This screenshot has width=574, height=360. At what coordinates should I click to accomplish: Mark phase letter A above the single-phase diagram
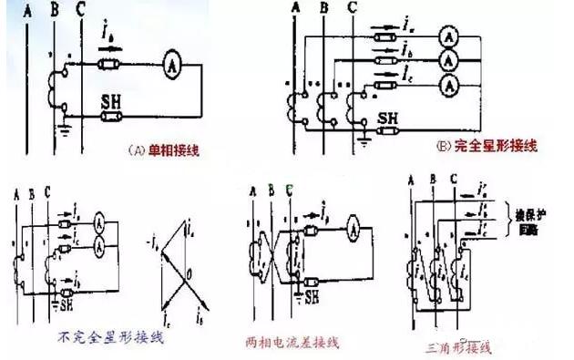coord(29,10)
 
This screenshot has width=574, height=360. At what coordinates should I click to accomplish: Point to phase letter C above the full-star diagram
coord(353,10)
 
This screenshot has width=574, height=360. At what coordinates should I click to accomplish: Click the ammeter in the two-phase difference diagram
coord(349,232)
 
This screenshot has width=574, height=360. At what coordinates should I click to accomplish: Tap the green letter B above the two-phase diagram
coord(271,190)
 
